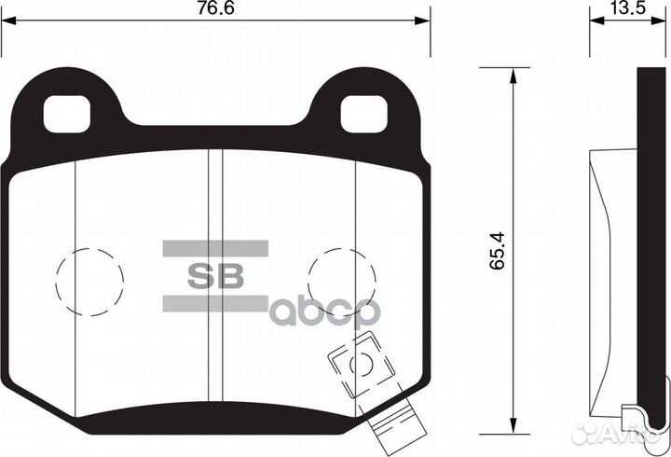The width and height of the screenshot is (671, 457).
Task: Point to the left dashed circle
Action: coord(89,280)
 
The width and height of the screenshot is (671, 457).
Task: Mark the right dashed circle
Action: coord(341,280)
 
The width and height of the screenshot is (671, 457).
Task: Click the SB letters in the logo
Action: coord(216,276)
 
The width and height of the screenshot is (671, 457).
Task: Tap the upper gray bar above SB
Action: coord(215,248)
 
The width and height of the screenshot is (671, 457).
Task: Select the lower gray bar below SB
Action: coord(215,303)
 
